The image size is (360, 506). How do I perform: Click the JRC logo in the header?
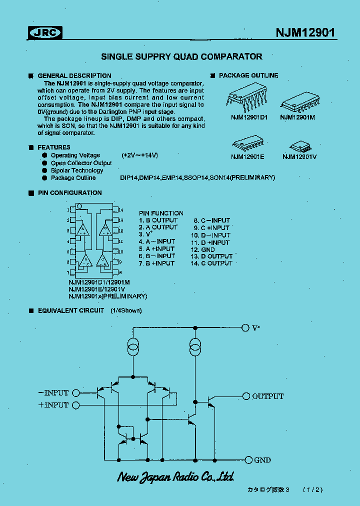click(x=44, y=33)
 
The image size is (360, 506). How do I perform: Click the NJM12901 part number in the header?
click(x=305, y=33)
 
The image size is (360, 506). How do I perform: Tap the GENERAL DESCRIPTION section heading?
click(x=74, y=75)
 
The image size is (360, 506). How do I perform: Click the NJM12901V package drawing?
click(x=299, y=146)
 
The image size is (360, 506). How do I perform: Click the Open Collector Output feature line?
click(x=81, y=163)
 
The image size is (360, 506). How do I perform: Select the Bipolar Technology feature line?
click(x=77, y=170)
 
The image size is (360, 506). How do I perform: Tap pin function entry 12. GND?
click(x=202, y=249)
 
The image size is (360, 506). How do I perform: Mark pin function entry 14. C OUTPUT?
click(x=211, y=263)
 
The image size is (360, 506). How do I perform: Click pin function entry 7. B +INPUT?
click(x=156, y=263)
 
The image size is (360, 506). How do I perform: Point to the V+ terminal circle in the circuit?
click(x=245, y=327)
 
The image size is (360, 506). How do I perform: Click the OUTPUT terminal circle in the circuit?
click(x=246, y=396)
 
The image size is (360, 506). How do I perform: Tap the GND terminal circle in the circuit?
click(x=248, y=459)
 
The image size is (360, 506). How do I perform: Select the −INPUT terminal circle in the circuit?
click(x=76, y=392)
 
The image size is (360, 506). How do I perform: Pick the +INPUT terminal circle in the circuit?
click(x=76, y=405)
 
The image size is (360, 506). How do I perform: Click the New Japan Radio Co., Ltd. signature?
click(x=175, y=476)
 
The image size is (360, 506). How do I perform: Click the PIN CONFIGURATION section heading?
click(x=69, y=193)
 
